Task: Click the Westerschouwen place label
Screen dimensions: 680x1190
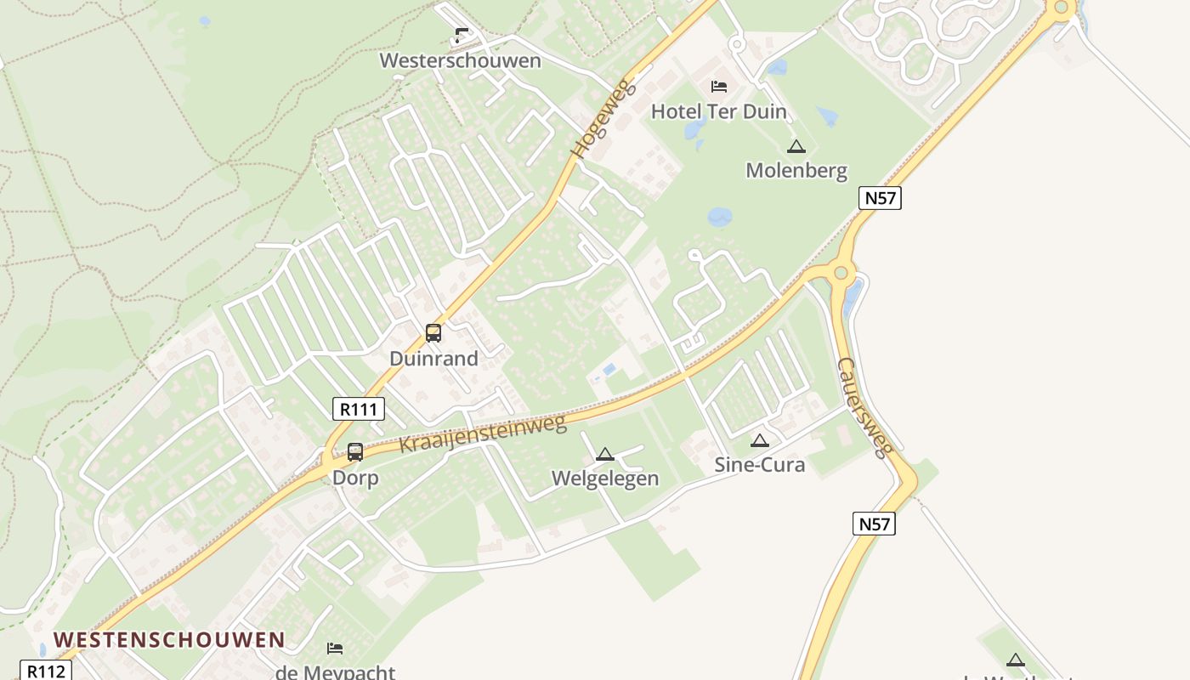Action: pos(460,60)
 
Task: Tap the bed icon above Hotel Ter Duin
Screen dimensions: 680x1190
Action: pos(719,86)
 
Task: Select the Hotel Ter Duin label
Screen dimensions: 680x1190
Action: pos(719,111)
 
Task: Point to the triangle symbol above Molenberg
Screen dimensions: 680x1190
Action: pos(796,146)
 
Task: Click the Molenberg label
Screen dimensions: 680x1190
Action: pos(796,171)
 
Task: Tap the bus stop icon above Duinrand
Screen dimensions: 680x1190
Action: pos(433,333)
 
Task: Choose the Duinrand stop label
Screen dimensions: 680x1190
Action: pos(433,359)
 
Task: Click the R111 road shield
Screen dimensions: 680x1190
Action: pos(358,409)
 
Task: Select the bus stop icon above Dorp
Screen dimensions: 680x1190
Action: pos(355,452)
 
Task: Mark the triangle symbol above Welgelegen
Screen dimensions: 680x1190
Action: pos(604,454)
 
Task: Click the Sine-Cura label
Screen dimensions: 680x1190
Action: pos(759,465)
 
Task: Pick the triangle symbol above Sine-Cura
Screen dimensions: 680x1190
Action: pos(760,440)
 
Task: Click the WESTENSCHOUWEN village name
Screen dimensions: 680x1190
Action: pos(169,640)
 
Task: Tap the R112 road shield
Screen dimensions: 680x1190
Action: pos(45,671)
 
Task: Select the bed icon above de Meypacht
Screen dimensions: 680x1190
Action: pos(335,649)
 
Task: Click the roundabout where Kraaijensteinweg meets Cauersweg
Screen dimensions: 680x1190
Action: pos(841,272)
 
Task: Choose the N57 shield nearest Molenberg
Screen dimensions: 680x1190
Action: pos(879,198)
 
